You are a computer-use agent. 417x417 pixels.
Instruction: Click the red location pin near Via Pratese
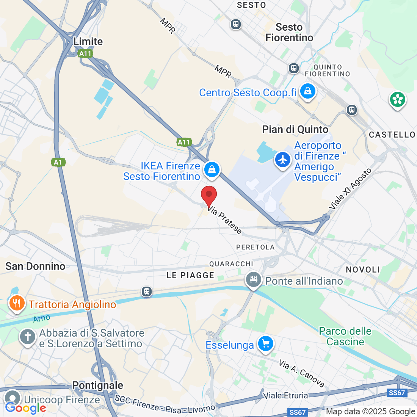tap(208, 195)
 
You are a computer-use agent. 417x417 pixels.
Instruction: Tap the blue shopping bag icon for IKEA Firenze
tap(212, 169)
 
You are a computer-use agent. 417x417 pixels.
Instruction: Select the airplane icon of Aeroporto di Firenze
tap(283, 160)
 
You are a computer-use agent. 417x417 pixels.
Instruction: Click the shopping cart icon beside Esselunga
tap(265, 344)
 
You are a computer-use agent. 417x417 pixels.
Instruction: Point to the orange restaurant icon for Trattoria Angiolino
tap(17, 304)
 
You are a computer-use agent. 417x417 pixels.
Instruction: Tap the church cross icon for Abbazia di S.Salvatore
tap(28, 337)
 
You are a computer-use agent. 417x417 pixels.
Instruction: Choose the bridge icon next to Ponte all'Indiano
tap(254, 280)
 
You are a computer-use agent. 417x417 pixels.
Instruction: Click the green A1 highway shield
tap(58, 163)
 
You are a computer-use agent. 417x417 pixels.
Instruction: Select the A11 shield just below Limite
tap(85, 53)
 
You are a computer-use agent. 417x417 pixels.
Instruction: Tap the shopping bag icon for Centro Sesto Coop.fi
tap(307, 91)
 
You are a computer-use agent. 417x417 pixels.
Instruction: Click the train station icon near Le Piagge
tap(146, 292)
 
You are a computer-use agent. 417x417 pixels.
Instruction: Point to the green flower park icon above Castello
tap(397, 100)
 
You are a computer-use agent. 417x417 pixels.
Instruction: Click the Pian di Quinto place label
tap(295, 130)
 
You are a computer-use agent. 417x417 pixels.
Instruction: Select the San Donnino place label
tap(35, 266)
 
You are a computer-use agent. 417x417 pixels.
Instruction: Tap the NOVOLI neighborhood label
tap(363, 270)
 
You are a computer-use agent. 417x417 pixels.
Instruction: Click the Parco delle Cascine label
tap(345, 336)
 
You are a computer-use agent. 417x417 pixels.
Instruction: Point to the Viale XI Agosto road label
tap(350, 189)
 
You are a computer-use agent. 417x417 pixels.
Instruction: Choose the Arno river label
tap(42, 318)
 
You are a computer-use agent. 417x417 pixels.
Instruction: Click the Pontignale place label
tap(97, 386)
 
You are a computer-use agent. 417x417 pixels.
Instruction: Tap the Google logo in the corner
tap(25, 408)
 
